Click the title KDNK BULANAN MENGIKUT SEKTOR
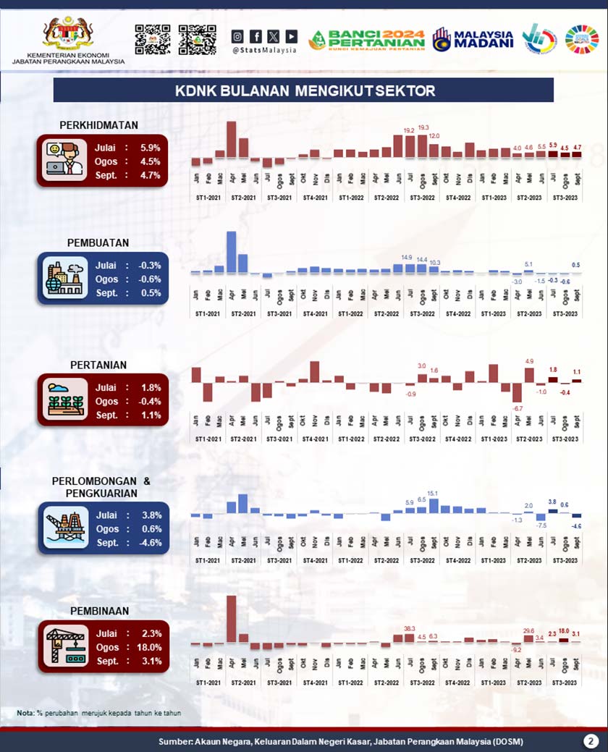(x=305, y=90)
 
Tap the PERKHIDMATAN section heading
(x=99, y=125)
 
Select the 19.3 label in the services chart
(x=423, y=128)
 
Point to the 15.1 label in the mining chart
(x=433, y=494)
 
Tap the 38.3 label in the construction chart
(x=410, y=628)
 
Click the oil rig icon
(x=64, y=528)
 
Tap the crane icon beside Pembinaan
(x=64, y=646)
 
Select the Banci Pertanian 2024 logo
(x=367, y=39)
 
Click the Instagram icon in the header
(x=237, y=35)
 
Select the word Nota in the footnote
(x=25, y=713)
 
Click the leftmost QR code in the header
(x=152, y=39)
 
